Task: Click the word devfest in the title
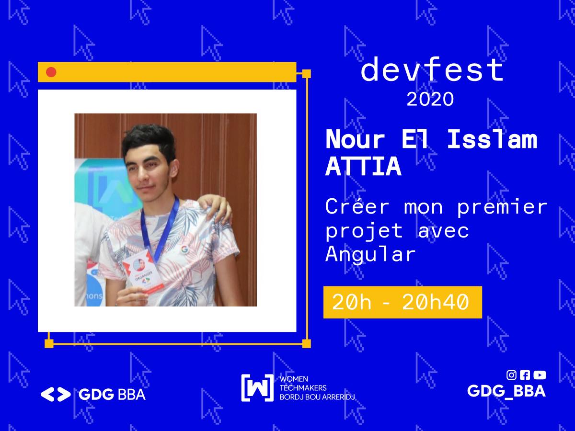click(432, 70)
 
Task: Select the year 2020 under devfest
click(430, 99)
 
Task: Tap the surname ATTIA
click(363, 167)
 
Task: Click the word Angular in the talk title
click(370, 254)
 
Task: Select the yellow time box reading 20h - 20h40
click(402, 302)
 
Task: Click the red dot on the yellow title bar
click(51, 72)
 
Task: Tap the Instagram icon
click(511, 375)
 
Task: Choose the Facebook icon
click(525, 375)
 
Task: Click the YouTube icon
click(540, 375)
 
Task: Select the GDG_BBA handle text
click(506, 391)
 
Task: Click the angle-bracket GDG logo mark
click(56, 394)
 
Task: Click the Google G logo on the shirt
click(184, 249)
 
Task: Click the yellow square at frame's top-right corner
click(307, 74)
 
